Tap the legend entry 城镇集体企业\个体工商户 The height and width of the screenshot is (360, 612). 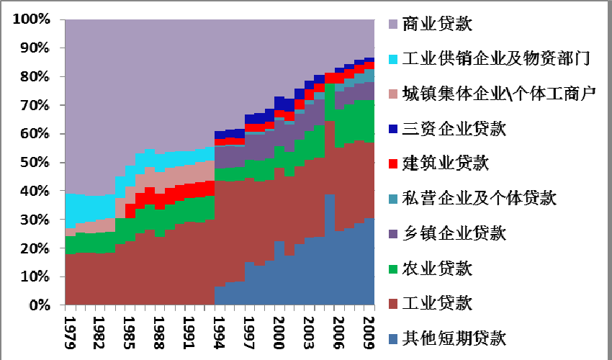(x=499, y=94)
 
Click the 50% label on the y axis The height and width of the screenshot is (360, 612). (x=35, y=163)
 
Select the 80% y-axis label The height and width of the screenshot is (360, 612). (x=35, y=77)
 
